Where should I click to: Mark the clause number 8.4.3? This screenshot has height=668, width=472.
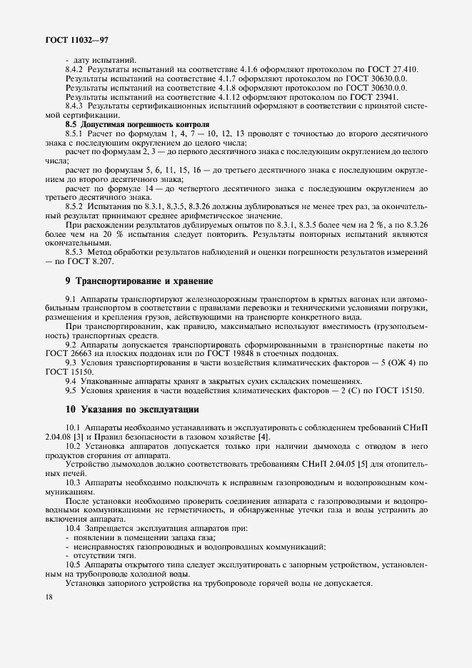point(76,106)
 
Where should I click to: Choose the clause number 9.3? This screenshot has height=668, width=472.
point(71,363)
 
